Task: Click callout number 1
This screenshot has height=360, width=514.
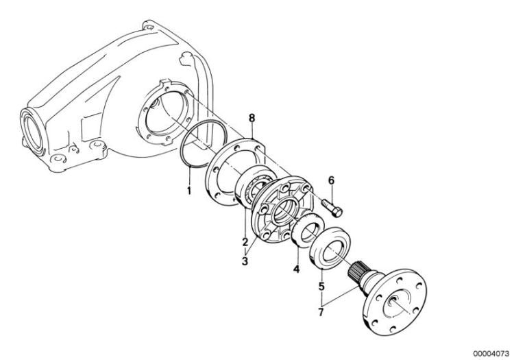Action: click(189, 187)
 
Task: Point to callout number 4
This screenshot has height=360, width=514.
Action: click(296, 269)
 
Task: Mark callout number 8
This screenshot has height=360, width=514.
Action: click(252, 119)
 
